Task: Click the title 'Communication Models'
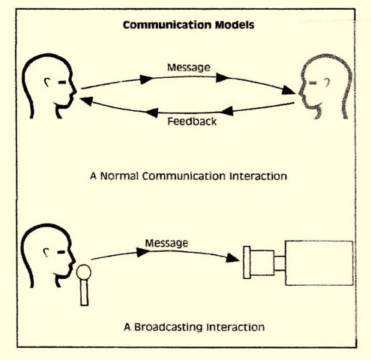coord(189,25)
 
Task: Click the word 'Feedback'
coord(192,121)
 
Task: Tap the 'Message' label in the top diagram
coord(189,67)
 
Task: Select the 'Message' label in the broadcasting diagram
coord(166,243)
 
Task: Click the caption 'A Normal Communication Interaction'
coord(189,176)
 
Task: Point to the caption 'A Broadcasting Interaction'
coord(194,327)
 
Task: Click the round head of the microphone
coord(84,272)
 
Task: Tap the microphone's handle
coord(85,292)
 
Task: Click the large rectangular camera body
coord(319,263)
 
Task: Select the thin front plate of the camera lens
coord(247,262)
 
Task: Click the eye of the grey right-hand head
coord(313,82)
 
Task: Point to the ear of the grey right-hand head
coord(327,82)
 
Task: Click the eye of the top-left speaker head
coord(62,82)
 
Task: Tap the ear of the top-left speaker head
coord(47,82)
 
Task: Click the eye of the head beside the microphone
coord(61,252)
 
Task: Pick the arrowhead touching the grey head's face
coord(289,90)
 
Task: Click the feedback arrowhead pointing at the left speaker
coord(86,101)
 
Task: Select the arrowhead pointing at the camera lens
coord(232,258)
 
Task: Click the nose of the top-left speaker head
coord(74,91)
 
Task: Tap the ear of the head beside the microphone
coord(46,253)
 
